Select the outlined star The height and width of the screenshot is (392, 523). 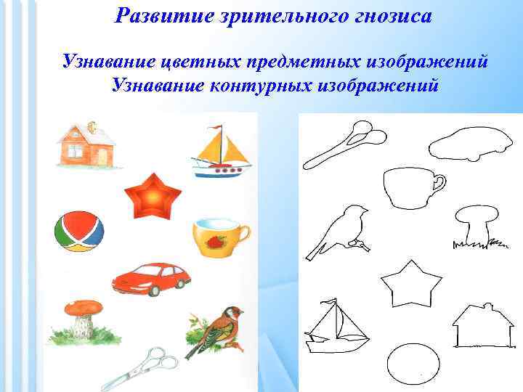pos(412,285)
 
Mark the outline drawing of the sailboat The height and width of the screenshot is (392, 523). pos(336,327)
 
